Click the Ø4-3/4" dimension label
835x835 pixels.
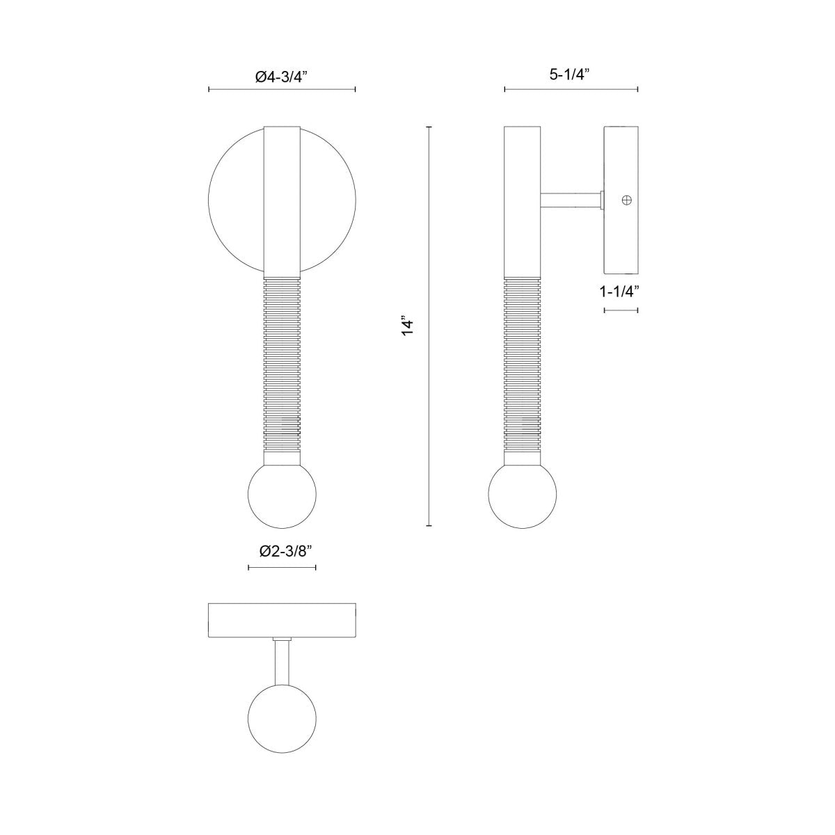point(282,78)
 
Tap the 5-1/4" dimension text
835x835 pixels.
point(570,74)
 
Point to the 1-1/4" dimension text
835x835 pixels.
point(620,292)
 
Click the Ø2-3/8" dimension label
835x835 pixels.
point(282,551)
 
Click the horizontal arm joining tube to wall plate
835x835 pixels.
point(571,200)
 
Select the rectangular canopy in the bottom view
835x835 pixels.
point(282,620)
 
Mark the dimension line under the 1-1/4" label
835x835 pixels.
point(621,310)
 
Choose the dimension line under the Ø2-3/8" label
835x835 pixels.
point(282,568)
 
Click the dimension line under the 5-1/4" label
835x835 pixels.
point(571,89)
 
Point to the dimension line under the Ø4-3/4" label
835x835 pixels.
point(282,89)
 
